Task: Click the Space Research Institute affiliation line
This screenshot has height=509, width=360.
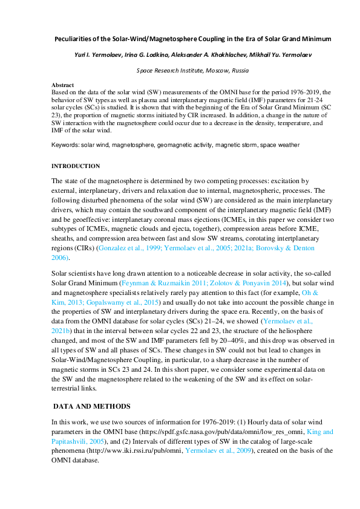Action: [180, 70]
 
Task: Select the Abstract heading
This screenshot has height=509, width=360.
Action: [62, 85]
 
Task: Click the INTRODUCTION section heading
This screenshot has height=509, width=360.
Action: [76, 166]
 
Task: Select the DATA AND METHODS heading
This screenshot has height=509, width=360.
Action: [88, 404]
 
